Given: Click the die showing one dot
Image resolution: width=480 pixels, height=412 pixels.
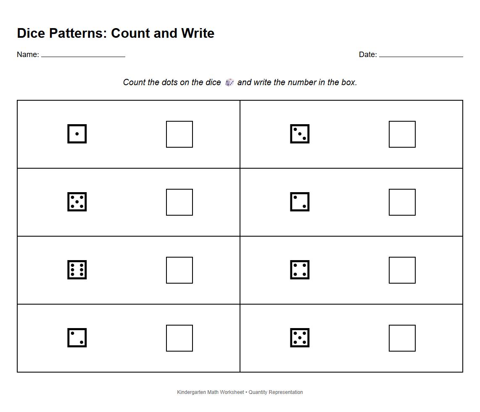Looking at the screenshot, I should pos(77,134).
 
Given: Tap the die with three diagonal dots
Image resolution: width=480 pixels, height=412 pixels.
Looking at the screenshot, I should pos(300,134).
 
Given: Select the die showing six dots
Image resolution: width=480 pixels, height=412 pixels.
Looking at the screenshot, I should pos(77,270).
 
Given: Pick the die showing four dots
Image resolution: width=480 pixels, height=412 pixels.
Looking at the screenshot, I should pos(300,270).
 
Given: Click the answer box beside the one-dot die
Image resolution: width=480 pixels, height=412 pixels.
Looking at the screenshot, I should pos(179,134).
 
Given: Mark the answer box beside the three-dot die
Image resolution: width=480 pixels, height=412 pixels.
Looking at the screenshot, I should pos(402,134).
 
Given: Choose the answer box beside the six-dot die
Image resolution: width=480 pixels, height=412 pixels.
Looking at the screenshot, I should pos(179,270).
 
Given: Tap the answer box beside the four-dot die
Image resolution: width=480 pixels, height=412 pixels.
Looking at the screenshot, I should pos(402,270).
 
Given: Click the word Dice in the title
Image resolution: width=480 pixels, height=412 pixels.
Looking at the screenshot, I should pos(31,33).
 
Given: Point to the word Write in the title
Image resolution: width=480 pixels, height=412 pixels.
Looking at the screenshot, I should pos(198,33).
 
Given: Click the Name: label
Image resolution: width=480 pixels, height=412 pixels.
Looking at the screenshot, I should pos(28,55).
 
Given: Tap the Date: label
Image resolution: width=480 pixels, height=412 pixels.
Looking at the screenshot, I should pos(368,55).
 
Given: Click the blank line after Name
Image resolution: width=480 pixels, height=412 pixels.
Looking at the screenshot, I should pos(83,56).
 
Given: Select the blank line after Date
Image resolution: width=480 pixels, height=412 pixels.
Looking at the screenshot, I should pos(421,56).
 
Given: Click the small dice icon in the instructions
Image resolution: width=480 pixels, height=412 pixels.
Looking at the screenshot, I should pos(229,82).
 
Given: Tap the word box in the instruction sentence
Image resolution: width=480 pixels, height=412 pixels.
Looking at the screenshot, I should pos(348,82).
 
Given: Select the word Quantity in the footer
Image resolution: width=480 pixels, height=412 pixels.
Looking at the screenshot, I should pos(258,392).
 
